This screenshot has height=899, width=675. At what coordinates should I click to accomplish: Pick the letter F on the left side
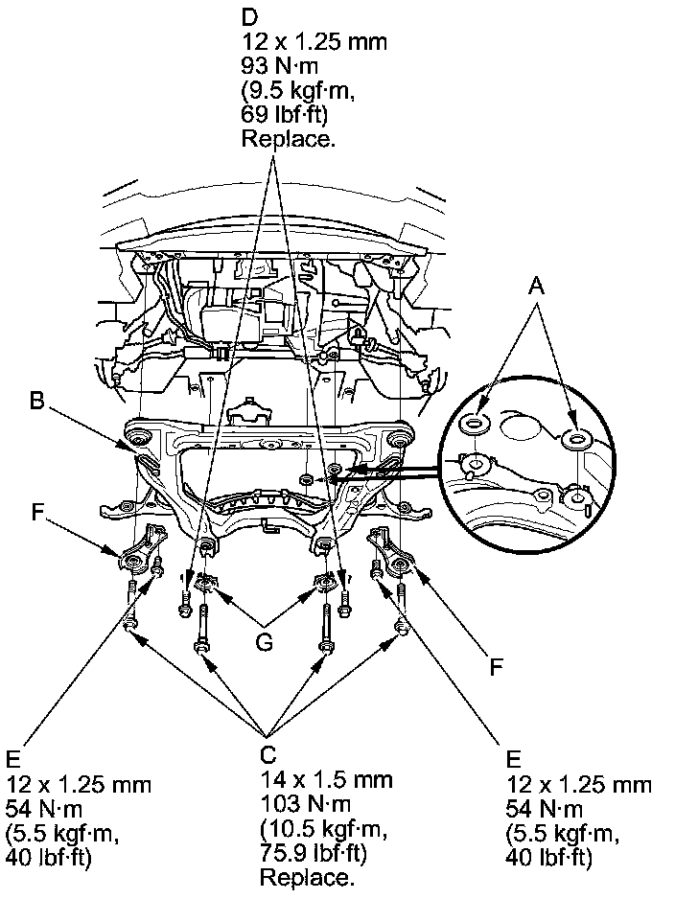pyautogui.click(x=37, y=512)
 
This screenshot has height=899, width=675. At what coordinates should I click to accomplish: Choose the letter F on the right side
pyautogui.click(x=496, y=665)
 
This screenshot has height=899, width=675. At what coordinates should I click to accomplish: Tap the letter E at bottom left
pyautogui.click(x=12, y=759)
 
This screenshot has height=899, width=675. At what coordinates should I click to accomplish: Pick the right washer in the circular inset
pyautogui.click(x=576, y=438)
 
